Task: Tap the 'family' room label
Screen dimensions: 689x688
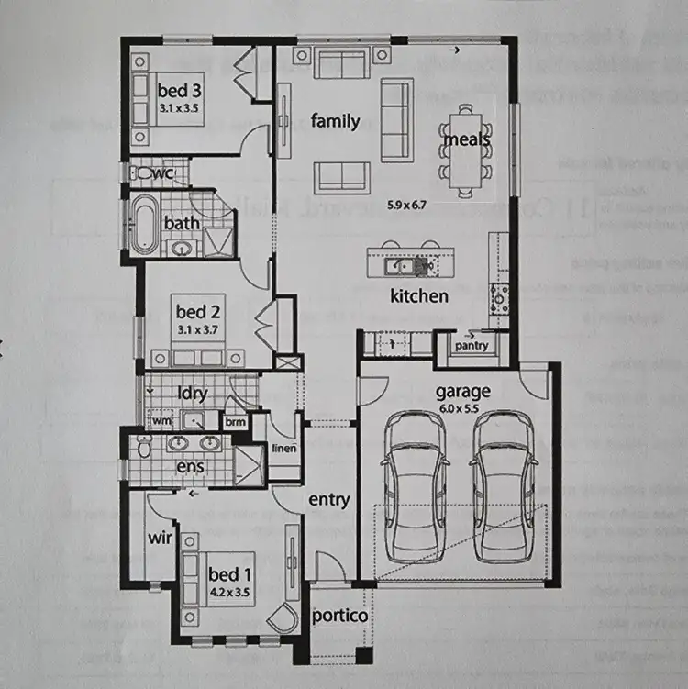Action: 334,120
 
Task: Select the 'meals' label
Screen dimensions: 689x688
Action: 466,139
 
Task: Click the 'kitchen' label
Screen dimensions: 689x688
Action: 419,295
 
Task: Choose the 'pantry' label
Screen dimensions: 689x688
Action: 472,346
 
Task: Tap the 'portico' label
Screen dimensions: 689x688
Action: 339,616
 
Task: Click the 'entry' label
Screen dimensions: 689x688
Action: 328,500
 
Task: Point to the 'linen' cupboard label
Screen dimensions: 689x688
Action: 283,449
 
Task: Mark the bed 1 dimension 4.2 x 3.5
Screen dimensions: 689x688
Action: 228,592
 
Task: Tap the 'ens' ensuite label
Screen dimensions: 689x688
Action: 190,467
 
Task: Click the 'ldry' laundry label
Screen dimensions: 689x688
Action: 192,394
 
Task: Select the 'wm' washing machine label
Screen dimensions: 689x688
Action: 161,421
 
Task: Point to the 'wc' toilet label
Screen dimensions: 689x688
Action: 164,173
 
